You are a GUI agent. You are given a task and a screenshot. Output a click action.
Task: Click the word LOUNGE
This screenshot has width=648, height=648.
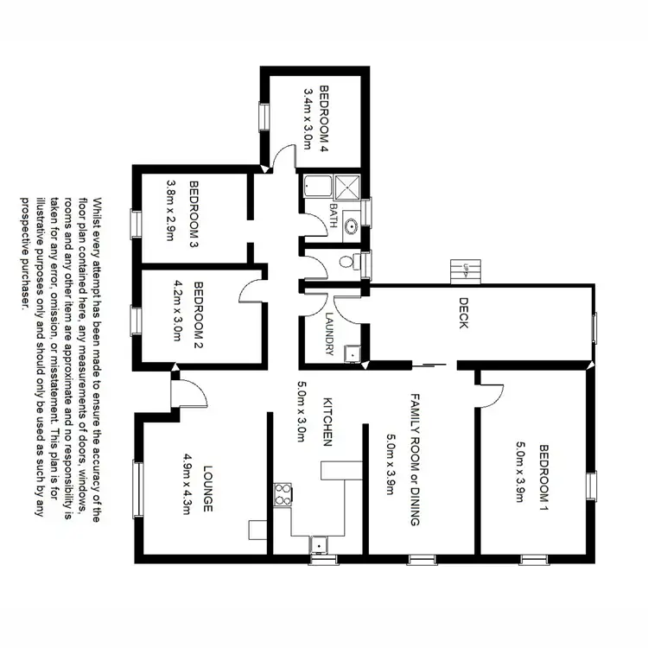[x=207, y=490]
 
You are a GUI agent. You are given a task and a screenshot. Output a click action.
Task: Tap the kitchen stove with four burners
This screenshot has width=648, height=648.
[x=283, y=493]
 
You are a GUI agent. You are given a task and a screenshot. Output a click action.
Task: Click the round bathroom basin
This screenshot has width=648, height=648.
[x=351, y=227]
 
